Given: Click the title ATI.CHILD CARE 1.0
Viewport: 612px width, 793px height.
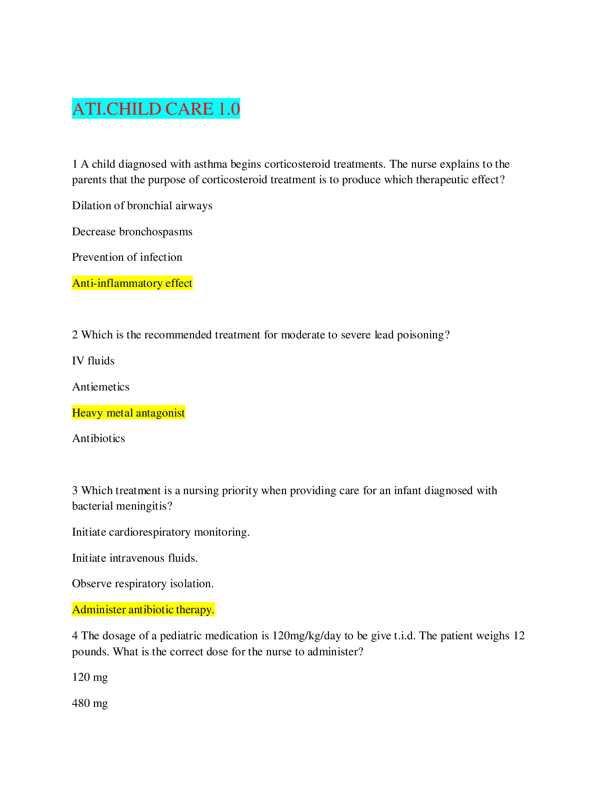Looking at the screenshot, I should [x=156, y=109].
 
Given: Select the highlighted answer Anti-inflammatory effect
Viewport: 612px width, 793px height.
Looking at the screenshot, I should [x=132, y=283].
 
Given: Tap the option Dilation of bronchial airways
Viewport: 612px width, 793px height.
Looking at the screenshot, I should [x=142, y=206].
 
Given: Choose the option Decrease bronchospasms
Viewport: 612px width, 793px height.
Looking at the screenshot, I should [x=132, y=232].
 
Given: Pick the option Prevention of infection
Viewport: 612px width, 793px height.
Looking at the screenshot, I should [x=127, y=257].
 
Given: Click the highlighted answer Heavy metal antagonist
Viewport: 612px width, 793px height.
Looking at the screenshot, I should [x=128, y=413].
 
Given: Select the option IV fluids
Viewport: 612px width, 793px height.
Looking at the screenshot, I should [x=93, y=361].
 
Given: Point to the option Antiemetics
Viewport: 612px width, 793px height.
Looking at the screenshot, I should [x=100, y=387].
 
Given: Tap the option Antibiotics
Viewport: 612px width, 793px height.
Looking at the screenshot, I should [x=98, y=439].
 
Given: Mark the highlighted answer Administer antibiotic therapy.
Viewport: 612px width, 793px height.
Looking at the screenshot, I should [x=143, y=610].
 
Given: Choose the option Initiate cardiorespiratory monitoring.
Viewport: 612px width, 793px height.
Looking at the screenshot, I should [x=160, y=532].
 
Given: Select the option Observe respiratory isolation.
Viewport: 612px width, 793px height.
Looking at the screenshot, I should [x=142, y=584].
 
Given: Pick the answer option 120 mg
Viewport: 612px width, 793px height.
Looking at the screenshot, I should [x=90, y=677].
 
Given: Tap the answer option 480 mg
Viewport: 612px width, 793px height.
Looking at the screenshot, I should [x=90, y=703].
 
